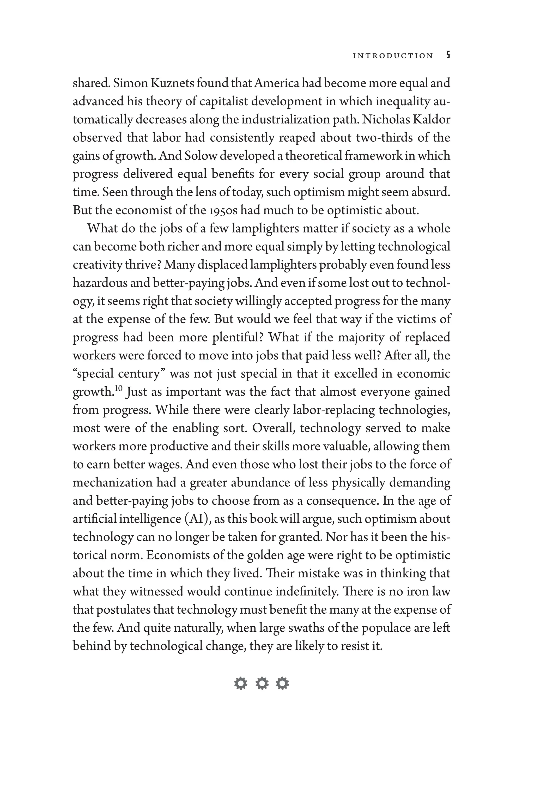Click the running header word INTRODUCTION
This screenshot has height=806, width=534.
(x=393, y=56)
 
